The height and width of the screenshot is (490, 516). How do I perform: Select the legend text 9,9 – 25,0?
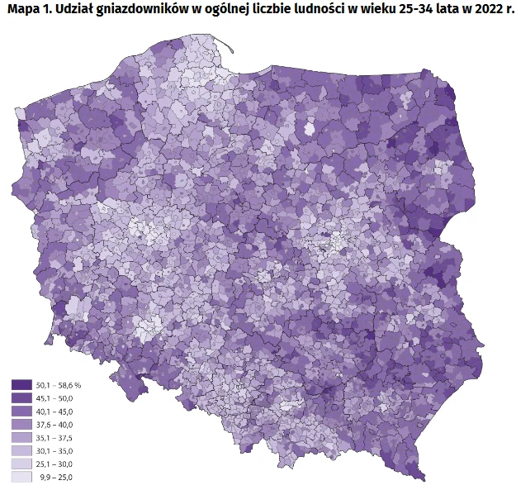pyautogui.click(x=56, y=478)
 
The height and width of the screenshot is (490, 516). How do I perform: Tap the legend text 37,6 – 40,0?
pyautogui.click(x=55, y=425)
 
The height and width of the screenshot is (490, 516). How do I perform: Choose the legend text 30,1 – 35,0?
pyautogui.click(x=55, y=451)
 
